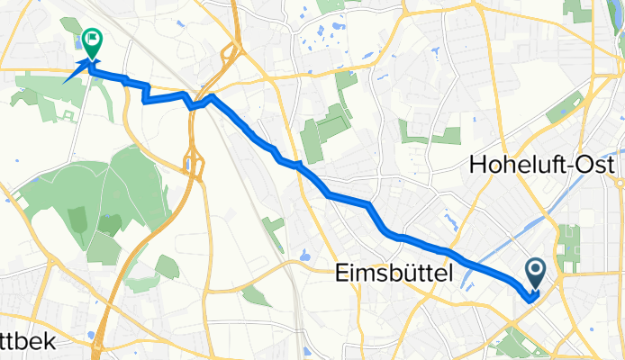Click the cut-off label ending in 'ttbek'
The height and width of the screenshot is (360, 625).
point(27,342)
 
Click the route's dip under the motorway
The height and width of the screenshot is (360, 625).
point(193,103)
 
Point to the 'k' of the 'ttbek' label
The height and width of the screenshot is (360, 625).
point(50,342)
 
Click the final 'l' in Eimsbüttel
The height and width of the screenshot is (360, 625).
point(448,273)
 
